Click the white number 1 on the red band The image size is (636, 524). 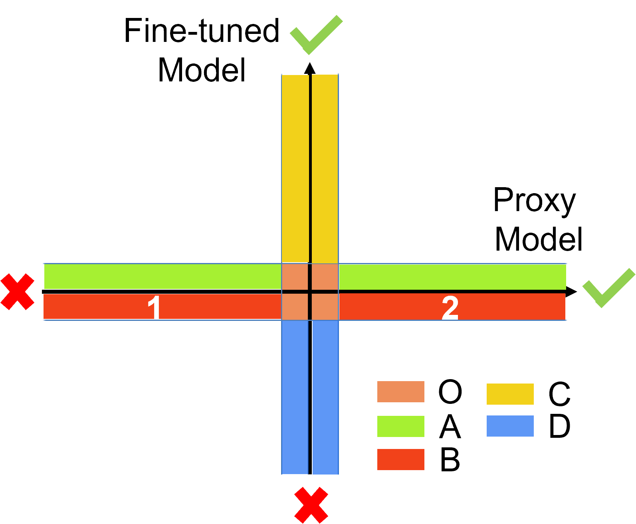(154, 307)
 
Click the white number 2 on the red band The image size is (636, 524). (450, 308)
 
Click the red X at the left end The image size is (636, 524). (17, 292)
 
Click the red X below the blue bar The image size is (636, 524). (311, 505)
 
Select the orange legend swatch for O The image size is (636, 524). (400, 392)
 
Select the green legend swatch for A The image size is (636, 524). (400, 426)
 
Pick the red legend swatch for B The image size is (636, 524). (400, 459)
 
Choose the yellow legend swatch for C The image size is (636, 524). (510, 394)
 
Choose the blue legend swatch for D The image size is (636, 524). (510, 426)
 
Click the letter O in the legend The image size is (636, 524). (450, 392)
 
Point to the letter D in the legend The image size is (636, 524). (559, 426)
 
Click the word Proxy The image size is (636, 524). (534, 200)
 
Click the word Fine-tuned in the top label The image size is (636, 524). (201, 31)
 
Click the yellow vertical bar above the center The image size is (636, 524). (295, 168)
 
